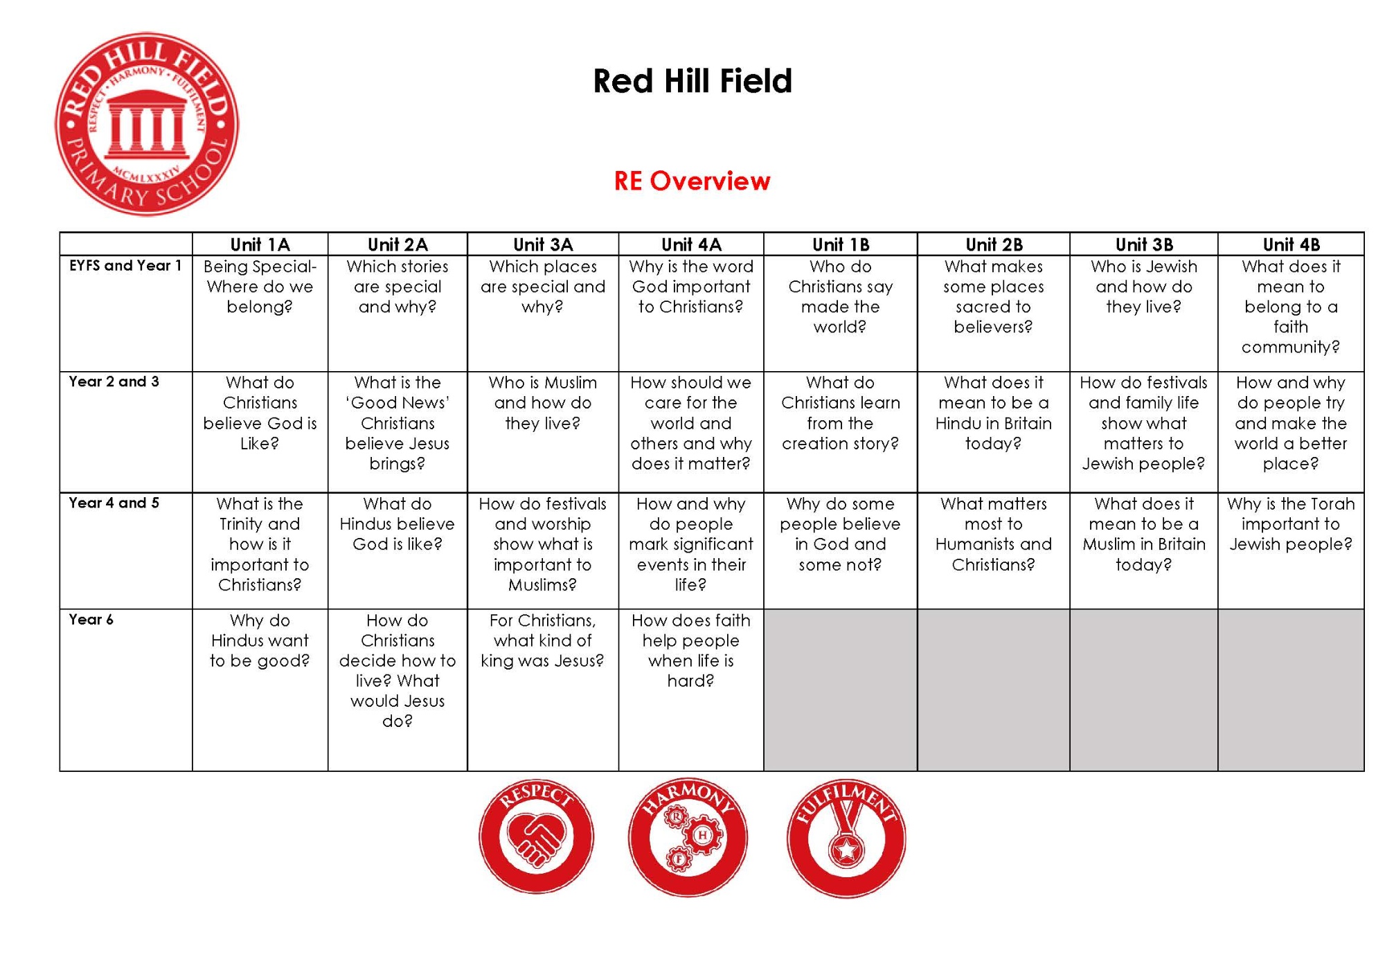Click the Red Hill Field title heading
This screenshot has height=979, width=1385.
[x=692, y=81]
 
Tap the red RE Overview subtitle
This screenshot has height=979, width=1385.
[x=692, y=181]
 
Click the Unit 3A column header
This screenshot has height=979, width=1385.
[x=543, y=244]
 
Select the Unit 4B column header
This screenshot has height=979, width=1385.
[x=1291, y=244]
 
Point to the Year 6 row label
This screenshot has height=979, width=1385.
[x=91, y=619]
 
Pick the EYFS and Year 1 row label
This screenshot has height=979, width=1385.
[x=125, y=265]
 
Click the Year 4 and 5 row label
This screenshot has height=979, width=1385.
[x=114, y=503]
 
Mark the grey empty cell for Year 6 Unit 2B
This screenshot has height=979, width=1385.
[x=994, y=690]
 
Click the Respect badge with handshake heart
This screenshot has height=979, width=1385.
[x=536, y=836]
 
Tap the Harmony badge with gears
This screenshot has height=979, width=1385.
[x=688, y=837]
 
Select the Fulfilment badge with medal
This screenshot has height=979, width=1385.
[x=846, y=838]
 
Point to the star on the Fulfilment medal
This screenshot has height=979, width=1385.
[x=846, y=849]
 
